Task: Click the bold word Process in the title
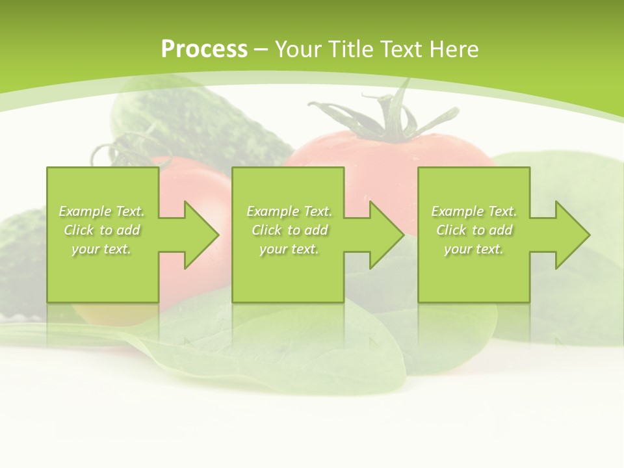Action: point(204,49)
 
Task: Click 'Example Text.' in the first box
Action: point(102,211)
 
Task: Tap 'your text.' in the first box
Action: point(102,249)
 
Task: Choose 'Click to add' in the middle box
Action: point(289,230)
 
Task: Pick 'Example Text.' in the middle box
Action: point(289,211)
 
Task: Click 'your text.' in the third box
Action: point(474,249)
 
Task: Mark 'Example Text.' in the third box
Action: point(474,211)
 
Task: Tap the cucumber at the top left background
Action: point(195,123)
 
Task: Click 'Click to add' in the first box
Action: point(102,230)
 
